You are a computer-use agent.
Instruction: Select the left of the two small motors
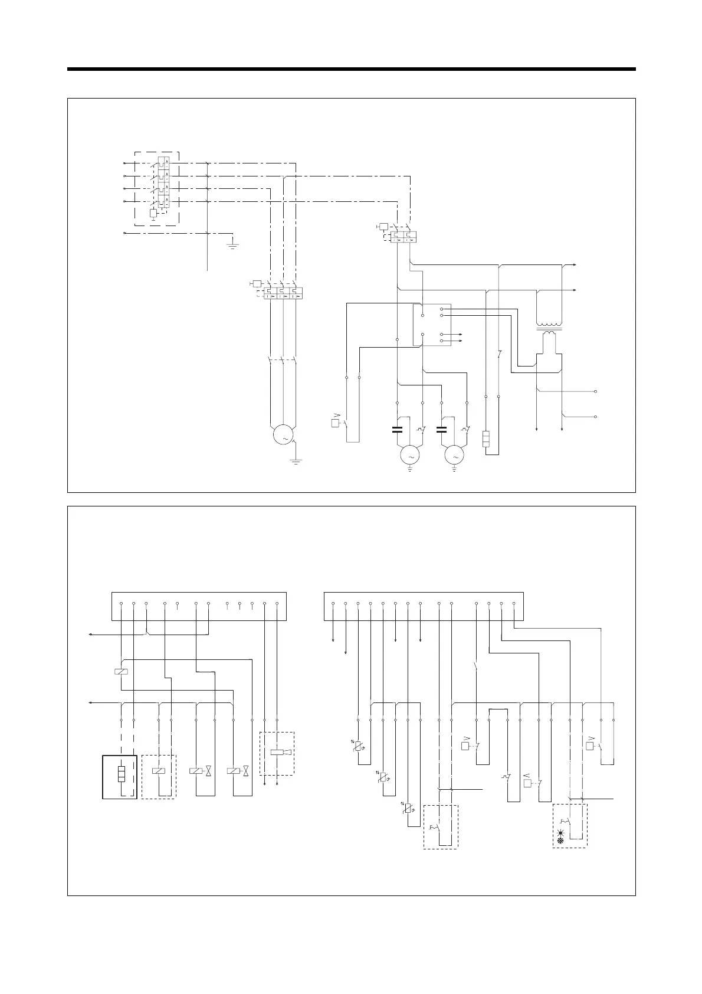click(x=409, y=455)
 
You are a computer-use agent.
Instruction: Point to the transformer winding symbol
click(x=549, y=328)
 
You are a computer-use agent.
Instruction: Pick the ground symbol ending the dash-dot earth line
click(x=234, y=244)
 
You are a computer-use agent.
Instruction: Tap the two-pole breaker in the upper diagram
click(x=404, y=236)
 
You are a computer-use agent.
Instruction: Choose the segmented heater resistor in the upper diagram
click(x=486, y=440)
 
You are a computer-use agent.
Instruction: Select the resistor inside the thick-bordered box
click(x=121, y=774)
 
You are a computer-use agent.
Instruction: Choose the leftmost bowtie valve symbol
click(x=208, y=771)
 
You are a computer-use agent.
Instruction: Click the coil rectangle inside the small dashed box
click(x=159, y=770)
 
